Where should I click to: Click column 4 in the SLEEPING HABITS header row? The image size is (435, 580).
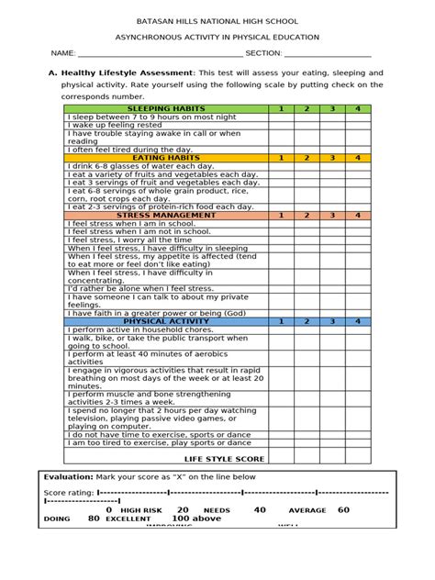point(357,109)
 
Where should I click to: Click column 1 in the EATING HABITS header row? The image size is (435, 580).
point(282,158)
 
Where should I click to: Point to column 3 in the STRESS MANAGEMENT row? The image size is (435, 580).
point(332,215)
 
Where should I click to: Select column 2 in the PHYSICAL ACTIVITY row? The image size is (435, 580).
point(307,321)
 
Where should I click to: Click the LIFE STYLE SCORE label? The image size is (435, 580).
point(224,458)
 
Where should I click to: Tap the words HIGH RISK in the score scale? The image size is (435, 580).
point(140,510)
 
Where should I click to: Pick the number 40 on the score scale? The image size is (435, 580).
point(260,509)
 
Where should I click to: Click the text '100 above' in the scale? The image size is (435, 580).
point(196,519)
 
